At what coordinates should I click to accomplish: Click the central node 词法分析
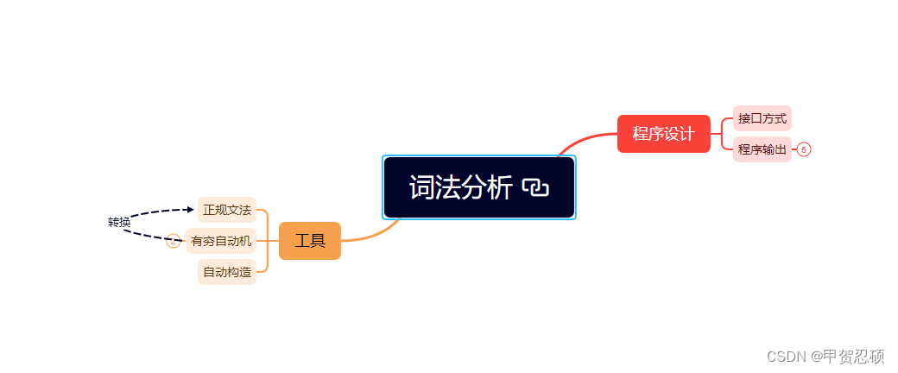tap(461, 187)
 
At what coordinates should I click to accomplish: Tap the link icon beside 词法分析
tap(536, 187)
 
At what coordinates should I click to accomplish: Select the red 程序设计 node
tap(663, 134)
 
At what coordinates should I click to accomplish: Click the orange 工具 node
tap(310, 240)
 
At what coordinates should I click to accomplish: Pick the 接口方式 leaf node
tap(762, 118)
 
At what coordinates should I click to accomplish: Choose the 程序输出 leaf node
tap(762, 149)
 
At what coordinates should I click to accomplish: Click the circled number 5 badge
tap(804, 149)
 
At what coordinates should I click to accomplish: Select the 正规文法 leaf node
tap(226, 210)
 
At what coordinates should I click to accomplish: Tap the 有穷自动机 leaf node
tap(221, 241)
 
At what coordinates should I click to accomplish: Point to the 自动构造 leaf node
tap(226, 272)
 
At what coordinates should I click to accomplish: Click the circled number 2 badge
tap(173, 241)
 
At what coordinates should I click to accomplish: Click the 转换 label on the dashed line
tap(119, 223)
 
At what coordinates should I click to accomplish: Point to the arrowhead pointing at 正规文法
tap(190, 209)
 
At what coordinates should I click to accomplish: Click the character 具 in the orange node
tap(318, 240)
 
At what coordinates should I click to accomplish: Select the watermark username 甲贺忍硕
tap(854, 356)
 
